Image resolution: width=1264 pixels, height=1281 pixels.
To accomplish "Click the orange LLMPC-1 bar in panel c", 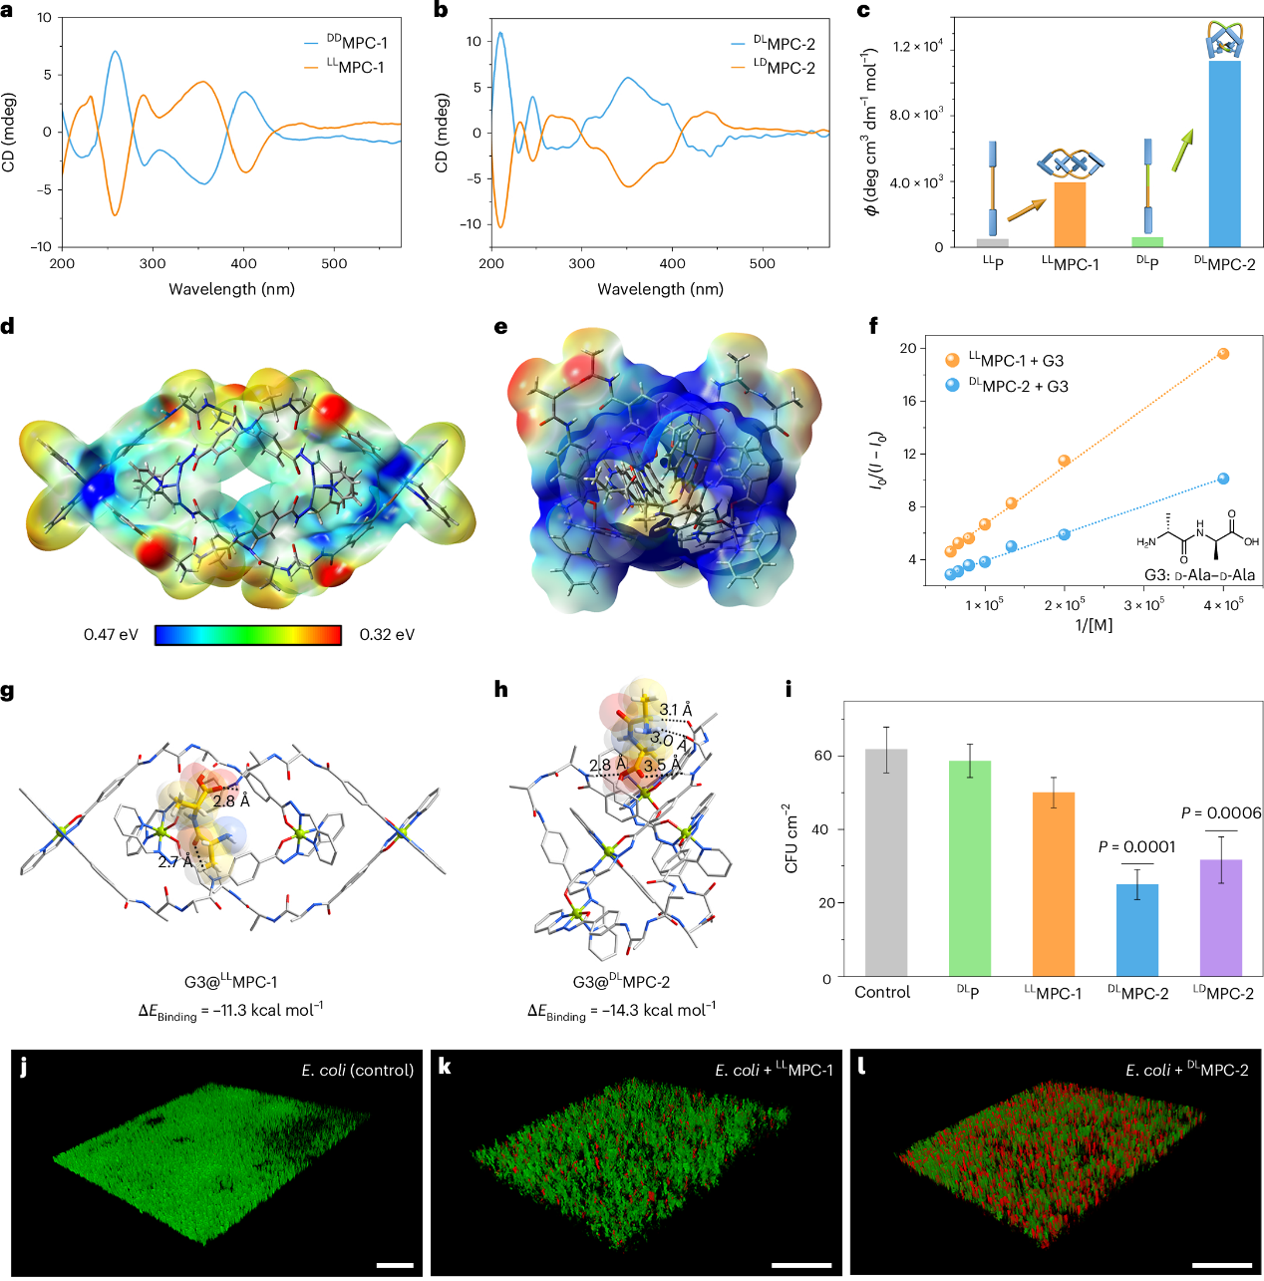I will point(1070,214).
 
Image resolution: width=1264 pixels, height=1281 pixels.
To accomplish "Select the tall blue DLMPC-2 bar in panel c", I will point(1224,155).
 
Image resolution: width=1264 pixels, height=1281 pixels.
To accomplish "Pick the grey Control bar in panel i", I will point(885,862).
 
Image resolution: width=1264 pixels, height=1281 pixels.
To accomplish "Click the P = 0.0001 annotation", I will point(1136,847).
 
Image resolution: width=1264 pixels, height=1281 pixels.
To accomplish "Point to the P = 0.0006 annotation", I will point(1220,813).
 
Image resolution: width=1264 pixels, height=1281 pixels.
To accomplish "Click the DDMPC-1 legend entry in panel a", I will point(345,43).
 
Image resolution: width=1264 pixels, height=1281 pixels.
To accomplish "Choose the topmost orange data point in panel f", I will point(1223,354).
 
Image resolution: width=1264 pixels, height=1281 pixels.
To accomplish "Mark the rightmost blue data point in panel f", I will point(1223,480).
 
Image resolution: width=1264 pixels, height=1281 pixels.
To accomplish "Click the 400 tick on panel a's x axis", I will point(243,264).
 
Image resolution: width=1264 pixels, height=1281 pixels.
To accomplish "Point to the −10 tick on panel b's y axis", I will point(470,224).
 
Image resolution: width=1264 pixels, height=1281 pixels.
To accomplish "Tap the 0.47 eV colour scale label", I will point(111,635).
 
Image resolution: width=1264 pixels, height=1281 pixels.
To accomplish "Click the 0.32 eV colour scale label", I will point(387,635).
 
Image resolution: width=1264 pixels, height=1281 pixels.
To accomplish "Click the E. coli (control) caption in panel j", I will point(357,1070).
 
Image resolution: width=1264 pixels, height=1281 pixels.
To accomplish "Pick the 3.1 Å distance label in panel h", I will point(675,710).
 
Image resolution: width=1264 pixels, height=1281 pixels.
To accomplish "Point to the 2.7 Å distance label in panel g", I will point(174,861).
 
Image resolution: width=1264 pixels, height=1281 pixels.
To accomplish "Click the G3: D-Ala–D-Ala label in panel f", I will point(1198,575).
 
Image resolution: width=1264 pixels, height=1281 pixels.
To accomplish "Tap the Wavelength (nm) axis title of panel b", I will point(660,289).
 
